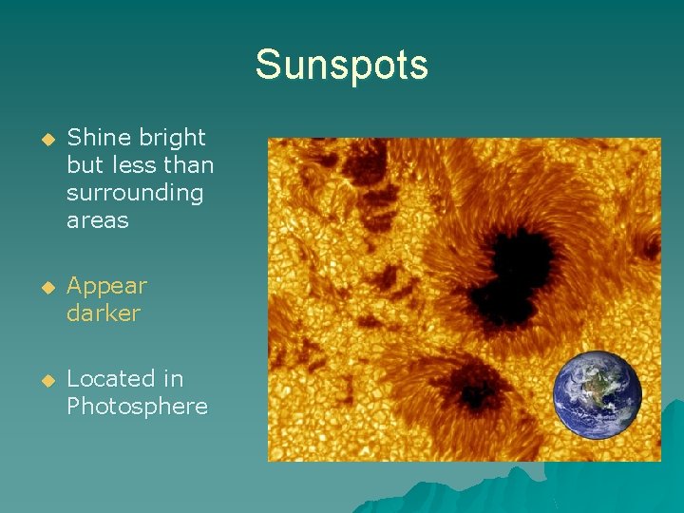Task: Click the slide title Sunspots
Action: tap(341, 66)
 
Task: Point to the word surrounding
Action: tap(135, 193)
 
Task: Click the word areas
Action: tap(97, 220)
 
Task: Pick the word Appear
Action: tap(106, 286)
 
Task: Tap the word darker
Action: tap(103, 313)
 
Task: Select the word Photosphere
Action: tap(137, 406)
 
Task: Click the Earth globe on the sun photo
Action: tap(598, 396)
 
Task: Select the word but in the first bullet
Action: tap(84, 165)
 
